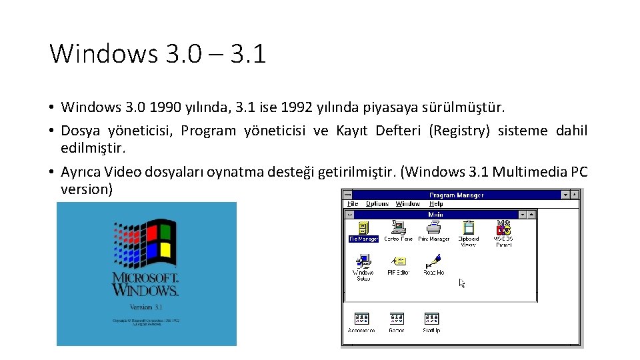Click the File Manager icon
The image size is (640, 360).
pos(363,227)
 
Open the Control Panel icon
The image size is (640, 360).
pos(399,227)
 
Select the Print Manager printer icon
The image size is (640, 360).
pos(434,227)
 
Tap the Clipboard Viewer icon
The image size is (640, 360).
pos(469,227)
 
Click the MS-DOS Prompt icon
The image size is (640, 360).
pos(503,227)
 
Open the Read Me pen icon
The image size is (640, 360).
pos(434,261)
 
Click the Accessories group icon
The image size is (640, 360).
pos(361,319)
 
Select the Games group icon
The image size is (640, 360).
pos(397,319)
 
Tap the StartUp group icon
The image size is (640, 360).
pos(431,319)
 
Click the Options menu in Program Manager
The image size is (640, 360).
pos(377,204)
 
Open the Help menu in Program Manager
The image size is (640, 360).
pos(436,204)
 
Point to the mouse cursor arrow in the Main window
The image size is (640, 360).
pos(462,283)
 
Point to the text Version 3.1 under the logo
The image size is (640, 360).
pos(146,307)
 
